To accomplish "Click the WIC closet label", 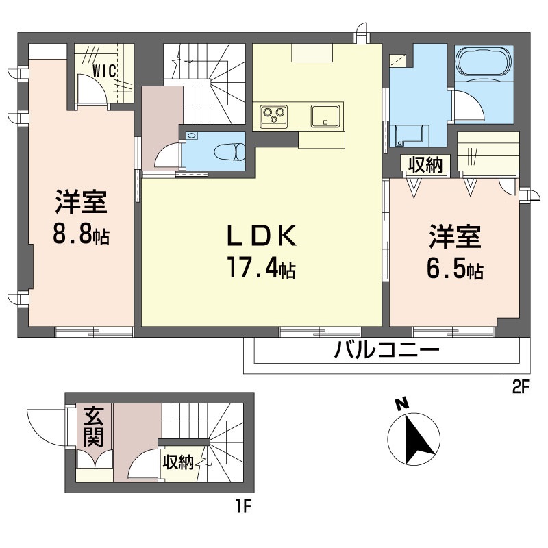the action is [x=104, y=71].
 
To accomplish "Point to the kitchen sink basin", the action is [x=325, y=116].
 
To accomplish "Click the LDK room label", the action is [x=262, y=236].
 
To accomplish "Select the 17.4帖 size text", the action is [x=262, y=267].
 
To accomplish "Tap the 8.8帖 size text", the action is [x=81, y=234].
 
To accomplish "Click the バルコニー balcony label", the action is [x=386, y=350].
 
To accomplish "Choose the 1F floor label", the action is [x=244, y=506].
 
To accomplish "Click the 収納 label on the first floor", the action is [x=178, y=462].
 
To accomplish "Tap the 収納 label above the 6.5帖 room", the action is [x=425, y=164].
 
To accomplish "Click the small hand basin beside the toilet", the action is [x=192, y=136].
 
